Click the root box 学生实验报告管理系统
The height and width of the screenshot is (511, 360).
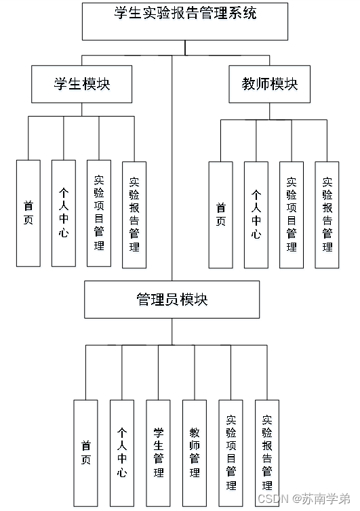[x=184, y=21]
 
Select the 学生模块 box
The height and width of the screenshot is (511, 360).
[x=81, y=84]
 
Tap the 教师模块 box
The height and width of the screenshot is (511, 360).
[x=269, y=84]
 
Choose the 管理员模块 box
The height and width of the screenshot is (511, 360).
[x=172, y=300]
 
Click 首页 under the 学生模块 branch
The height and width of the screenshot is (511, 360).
[x=28, y=213]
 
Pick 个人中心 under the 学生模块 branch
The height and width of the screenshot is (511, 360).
[x=63, y=213]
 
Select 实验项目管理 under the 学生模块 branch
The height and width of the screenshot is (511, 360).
[x=99, y=213]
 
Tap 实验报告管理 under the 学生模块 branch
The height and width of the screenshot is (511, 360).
[x=134, y=214]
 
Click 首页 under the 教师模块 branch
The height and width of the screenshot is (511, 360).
[x=220, y=214]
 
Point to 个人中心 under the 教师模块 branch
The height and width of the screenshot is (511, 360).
[x=256, y=214]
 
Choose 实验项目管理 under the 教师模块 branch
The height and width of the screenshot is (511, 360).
[x=292, y=214]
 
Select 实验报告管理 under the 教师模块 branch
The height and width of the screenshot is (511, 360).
[x=327, y=214]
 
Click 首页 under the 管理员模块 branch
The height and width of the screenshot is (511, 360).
[x=85, y=453]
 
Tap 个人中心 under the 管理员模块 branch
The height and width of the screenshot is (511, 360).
[x=121, y=453]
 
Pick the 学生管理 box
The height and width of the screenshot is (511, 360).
[x=158, y=453]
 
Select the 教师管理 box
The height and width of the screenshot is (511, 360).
[x=194, y=453]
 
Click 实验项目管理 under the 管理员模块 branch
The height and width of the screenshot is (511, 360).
[x=231, y=453]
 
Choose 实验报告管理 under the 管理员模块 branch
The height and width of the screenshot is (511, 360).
[x=266, y=453]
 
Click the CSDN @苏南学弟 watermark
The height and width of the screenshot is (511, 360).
[x=303, y=498]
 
